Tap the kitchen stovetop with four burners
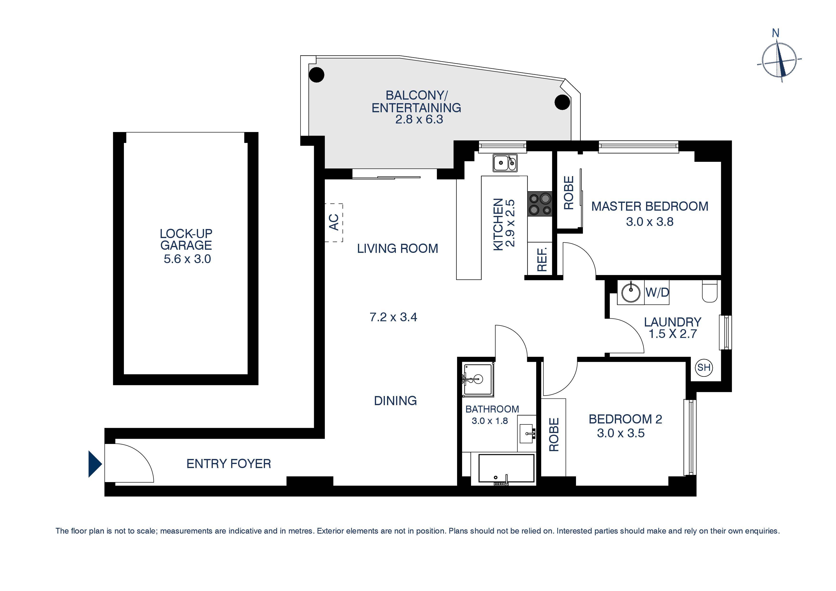(x=540, y=204)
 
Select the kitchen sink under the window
(x=505, y=163)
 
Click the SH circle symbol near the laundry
(x=704, y=367)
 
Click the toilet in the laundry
(x=709, y=291)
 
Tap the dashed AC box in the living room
(x=334, y=223)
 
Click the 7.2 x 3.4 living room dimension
(x=393, y=317)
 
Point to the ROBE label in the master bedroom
(x=568, y=193)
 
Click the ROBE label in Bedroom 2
(x=553, y=435)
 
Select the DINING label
(x=395, y=401)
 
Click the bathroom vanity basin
(x=526, y=433)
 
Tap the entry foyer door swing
(x=131, y=463)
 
